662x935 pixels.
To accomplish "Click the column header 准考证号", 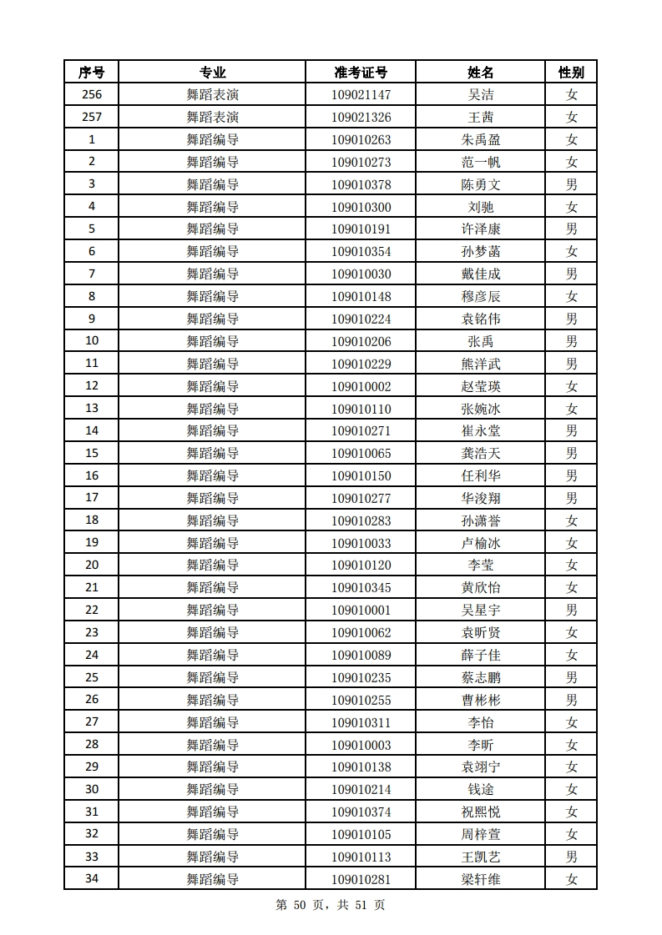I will pyautogui.click(x=361, y=73).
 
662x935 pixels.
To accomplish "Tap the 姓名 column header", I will pyautogui.click(x=481, y=73).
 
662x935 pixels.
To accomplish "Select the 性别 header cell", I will pyautogui.click(x=571, y=73).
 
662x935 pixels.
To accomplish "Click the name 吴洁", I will pyautogui.click(x=481, y=95).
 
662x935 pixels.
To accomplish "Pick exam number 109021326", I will pyautogui.click(x=361, y=118).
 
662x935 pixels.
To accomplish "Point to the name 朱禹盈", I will pyautogui.click(x=481, y=140).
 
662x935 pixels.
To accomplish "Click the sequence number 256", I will pyautogui.click(x=91, y=95).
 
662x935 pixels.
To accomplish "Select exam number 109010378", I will pyautogui.click(x=361, y=184).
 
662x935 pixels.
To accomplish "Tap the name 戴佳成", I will pyautogui.click(x=481, y=274).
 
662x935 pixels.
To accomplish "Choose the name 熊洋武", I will pyautogui.click(x=481, y=364).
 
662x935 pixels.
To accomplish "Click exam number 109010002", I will pyautogui.click(x=361, y=386).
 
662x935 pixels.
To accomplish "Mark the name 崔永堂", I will pyautogui.click(x=481, y=431).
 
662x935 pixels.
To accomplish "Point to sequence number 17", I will pyautogui.click(x=91, y=498).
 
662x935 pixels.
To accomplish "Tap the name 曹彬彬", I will pyautogui.click(x=481, y=700).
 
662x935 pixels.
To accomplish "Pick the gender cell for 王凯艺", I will pyautogui.click(x=571, y=857).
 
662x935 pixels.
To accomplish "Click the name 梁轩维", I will pyautogui.click(x=481, y=879).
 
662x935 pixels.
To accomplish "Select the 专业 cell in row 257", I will pyautogui.click(x=212, y=118).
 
